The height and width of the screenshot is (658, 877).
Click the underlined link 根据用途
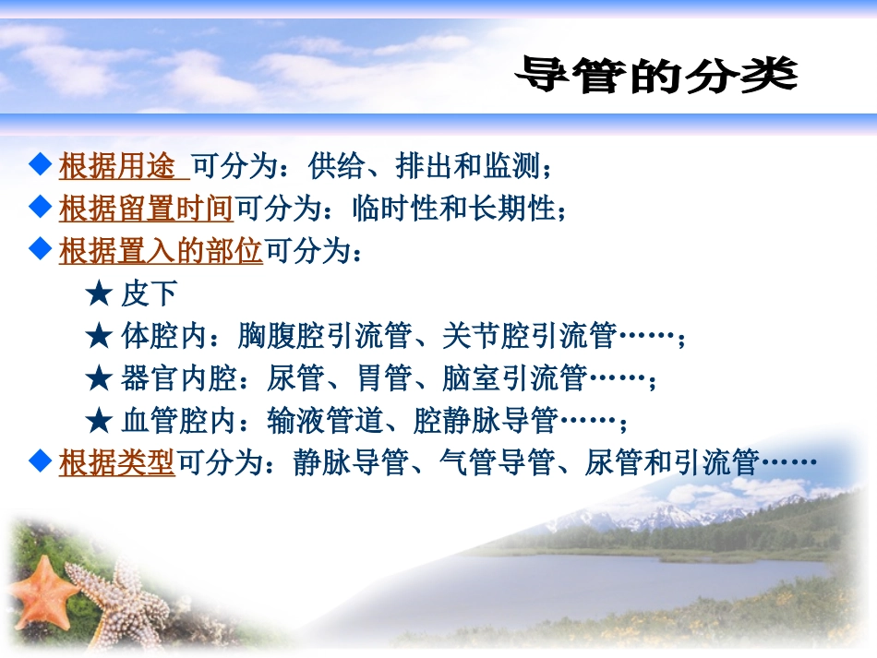pos(117,167)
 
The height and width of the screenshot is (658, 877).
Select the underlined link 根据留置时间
pos(146,209)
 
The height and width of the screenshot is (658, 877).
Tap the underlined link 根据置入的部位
pos(161,251)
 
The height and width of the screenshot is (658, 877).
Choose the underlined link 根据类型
pos(117,462)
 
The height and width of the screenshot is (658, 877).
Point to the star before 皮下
pos(97,294)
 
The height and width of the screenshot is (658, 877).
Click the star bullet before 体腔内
pos(97,336)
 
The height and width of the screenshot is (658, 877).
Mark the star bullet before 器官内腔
pos(97,378)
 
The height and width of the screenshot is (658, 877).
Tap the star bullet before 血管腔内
pos(97,421)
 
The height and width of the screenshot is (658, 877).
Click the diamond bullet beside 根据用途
pos(39,166)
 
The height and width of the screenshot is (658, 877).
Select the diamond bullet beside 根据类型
pos(39,461)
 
